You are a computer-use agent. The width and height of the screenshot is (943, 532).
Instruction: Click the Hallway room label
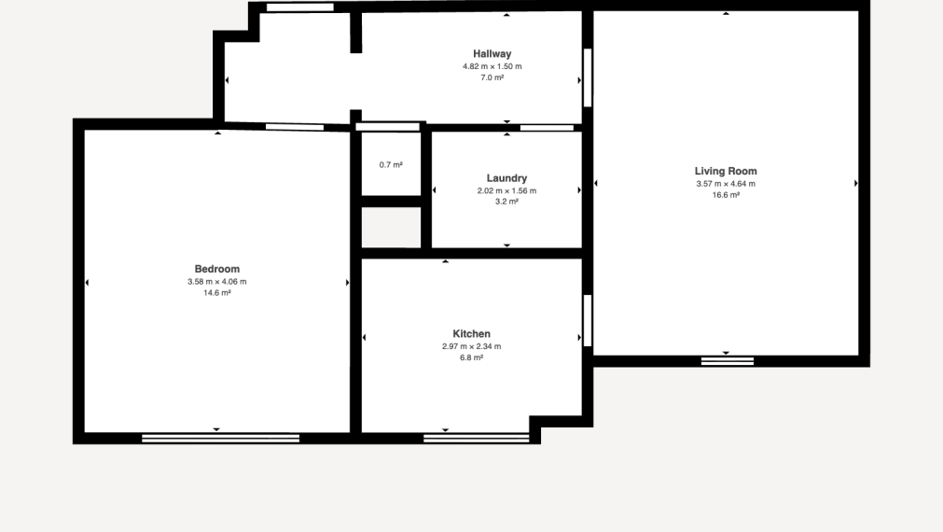(x=492, y=53)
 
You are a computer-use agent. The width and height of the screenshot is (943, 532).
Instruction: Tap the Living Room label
(x=726, y=171)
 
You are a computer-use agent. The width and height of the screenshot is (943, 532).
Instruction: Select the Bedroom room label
(x=217, y=269)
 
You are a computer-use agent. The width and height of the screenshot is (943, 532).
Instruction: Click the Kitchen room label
(x=472, y=333)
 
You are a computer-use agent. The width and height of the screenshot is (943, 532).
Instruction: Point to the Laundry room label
(x=507, y=178)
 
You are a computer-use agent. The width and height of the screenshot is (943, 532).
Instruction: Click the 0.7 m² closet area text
(x=391, y=165)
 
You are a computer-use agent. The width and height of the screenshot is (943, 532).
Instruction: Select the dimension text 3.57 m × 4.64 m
(x=726, y=184)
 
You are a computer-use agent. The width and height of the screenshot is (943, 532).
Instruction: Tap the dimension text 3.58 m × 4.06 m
(x=217, y=282)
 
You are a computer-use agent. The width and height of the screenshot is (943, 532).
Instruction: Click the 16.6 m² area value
(x=726, y=195)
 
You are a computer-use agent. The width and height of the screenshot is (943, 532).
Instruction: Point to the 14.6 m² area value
(x=217, y=293)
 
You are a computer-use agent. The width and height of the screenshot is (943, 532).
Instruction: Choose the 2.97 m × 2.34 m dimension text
(x=472, y=346)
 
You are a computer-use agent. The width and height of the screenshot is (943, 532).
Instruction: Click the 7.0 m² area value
(x=492, y=77)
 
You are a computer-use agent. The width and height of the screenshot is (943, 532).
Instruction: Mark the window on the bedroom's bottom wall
(x=221, y=439)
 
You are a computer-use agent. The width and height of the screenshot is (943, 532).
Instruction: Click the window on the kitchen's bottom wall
(x=477, y=439)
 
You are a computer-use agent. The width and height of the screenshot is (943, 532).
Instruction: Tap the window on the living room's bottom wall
(x=728, y=361)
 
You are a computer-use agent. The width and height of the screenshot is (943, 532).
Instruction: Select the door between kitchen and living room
(x=588, y=321)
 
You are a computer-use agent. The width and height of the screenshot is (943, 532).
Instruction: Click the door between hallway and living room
(x=588, y=77)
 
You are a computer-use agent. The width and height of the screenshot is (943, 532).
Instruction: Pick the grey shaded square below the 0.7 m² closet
(x=391, y=228)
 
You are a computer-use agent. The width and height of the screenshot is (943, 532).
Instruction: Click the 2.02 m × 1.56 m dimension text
(x=507, y=190)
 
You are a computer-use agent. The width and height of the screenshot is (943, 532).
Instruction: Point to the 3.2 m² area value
(x=507, y=202)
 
